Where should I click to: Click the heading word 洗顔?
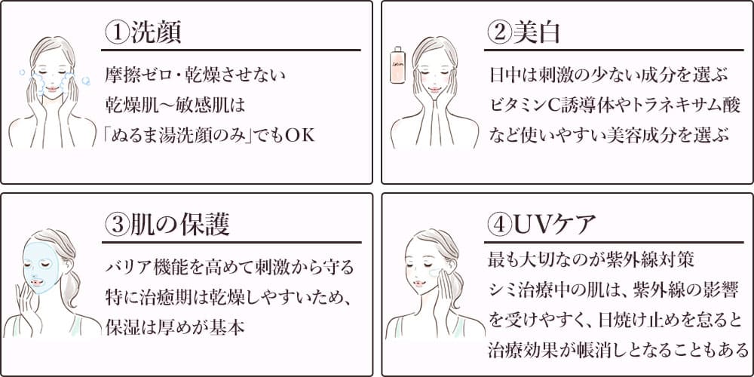(x=155, y=33)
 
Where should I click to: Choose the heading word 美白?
(x=536, y=33)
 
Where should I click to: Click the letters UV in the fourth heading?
(x=532, y=225)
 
